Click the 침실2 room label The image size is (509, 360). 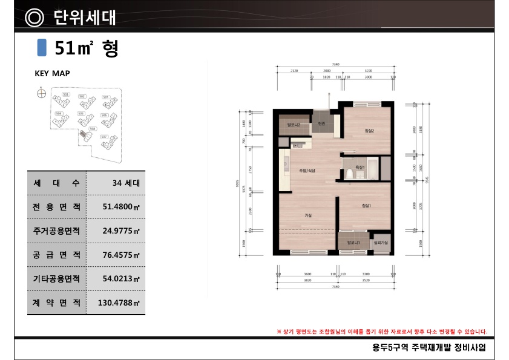click(x=369, y=131)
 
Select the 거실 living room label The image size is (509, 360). click(x=308, y=215)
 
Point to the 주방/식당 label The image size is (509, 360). click(x=307, y=171)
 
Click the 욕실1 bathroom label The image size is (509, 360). click(x=359, y=166)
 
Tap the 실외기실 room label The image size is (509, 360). click(x=381, y=243)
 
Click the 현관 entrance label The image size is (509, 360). click(x=321, y=123)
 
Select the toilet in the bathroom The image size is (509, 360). click(x=350, y=174)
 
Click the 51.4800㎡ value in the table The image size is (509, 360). click(x=122, y=207)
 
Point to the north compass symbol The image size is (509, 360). click(x=41, y=94)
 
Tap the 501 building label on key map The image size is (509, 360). click(x=105, y=97)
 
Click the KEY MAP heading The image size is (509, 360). click(x=52, y=74)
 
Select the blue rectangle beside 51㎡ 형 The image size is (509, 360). click(x=42, y=48)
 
